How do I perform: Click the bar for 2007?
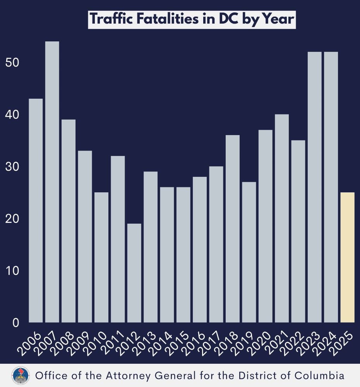(x=52, y=182)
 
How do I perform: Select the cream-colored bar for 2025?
(x=348, y=257)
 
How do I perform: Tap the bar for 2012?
(x=134, y=273)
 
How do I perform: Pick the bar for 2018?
(x=233, y=228)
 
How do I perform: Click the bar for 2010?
(x=101, y=257)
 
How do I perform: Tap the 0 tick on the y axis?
(x=15, y=323)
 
